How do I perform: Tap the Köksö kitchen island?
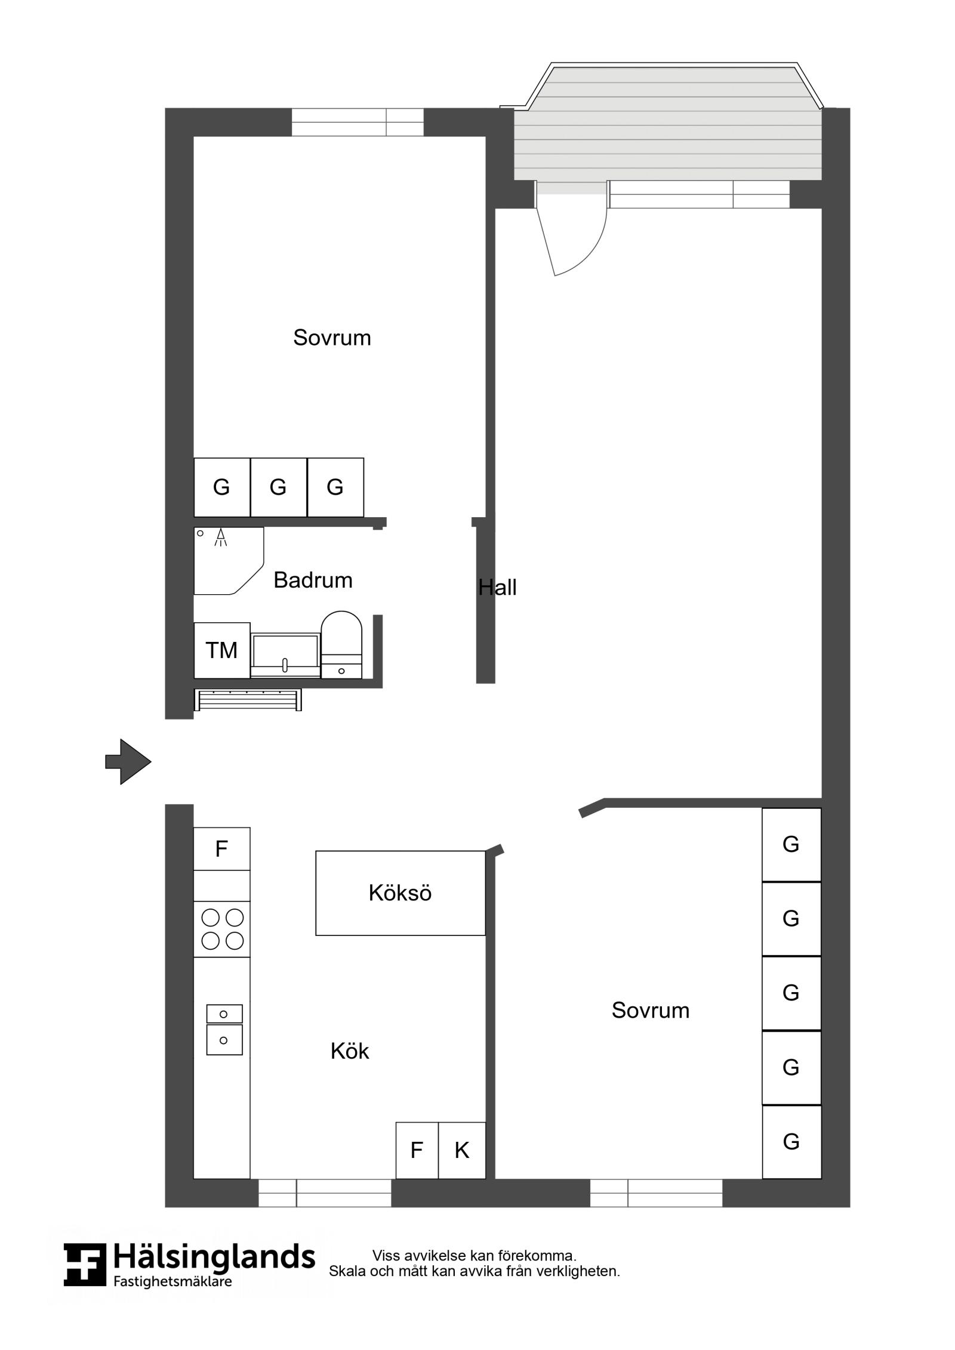400,893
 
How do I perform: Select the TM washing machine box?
221,650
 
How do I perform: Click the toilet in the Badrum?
341,644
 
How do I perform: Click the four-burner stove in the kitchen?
222,929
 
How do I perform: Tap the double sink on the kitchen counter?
224,1030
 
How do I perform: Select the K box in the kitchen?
462,1150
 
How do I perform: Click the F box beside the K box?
417,1150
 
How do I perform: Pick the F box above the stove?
221,848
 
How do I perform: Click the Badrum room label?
313,580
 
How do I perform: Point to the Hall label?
497,588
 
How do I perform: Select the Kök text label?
350,1051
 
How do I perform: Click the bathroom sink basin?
285,655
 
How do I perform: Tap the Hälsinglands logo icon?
85,1265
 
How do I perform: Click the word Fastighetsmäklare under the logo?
172,1281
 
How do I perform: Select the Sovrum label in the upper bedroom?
332,338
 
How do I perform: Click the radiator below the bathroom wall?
248,700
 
